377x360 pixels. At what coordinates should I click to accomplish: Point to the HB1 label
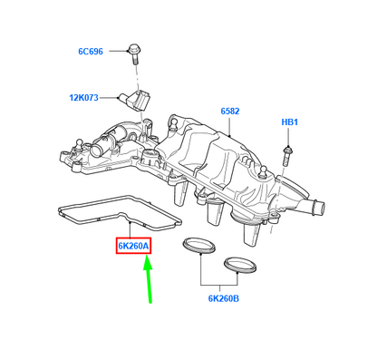click(290, 122)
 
